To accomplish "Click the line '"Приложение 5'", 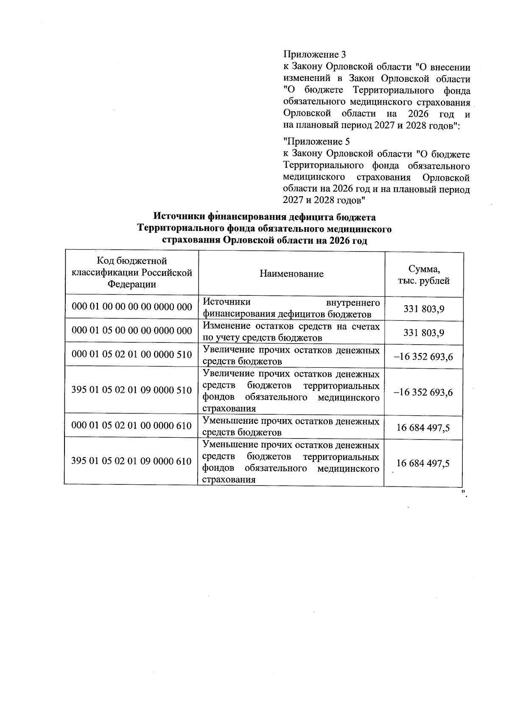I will (316, 142).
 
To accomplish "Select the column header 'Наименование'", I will (291, 274).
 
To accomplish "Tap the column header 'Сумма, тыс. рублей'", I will (424, 275).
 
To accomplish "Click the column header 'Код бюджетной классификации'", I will (132, 272).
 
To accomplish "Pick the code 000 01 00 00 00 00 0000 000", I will (132, 307).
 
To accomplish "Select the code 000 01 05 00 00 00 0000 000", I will (132, 331).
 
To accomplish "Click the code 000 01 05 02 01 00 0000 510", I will (132, 354).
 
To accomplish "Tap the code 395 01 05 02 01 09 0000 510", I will (132, 390).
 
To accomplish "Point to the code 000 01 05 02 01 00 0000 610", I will (132, 425).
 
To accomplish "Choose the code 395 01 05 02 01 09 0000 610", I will (131, 461).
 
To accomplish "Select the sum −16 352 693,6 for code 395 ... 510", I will (423, 392).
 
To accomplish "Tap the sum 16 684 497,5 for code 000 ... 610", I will (423, 428).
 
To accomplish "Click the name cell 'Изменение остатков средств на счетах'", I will (291, 331).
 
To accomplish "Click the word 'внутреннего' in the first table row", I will (353, 302).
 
